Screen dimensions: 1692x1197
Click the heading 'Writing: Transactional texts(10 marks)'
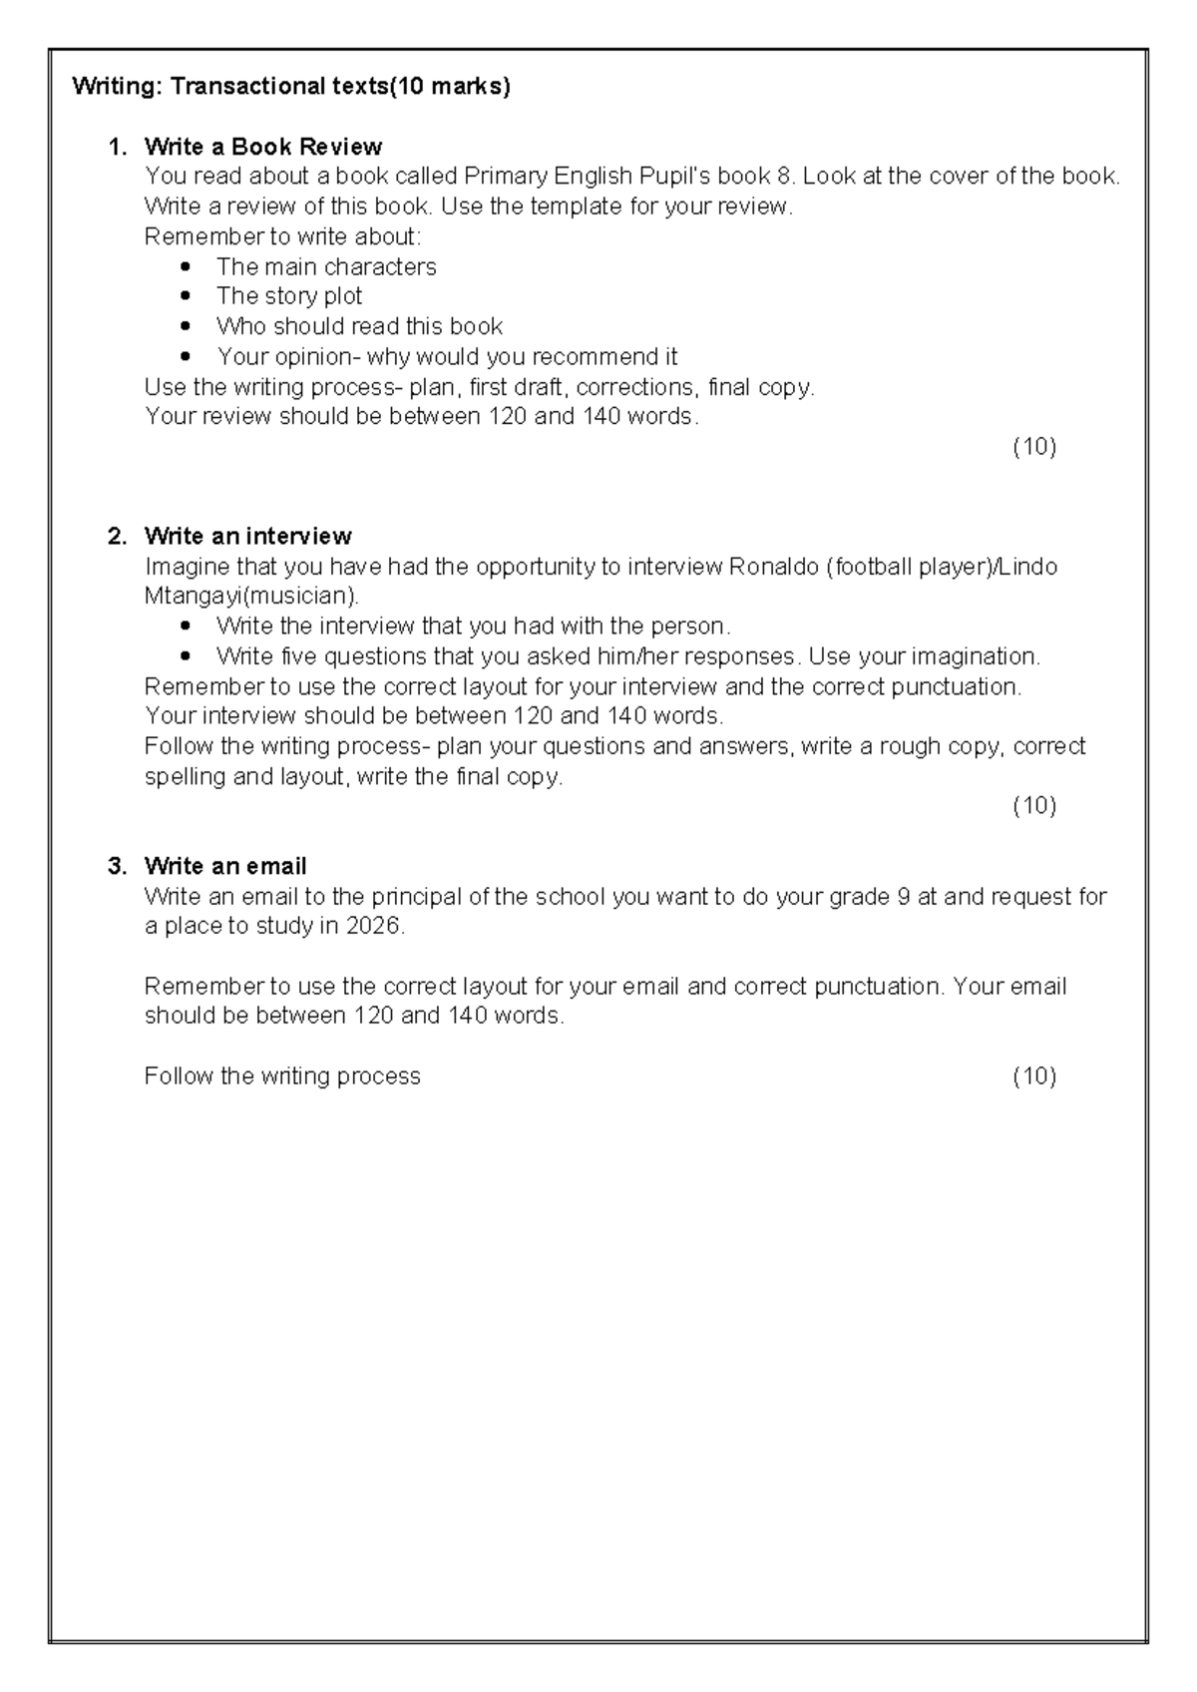tap(291, 87)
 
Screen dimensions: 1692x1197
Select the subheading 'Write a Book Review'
tap(263, 147)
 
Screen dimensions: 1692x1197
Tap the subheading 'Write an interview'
tap(247, 537)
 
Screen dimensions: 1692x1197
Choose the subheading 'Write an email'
tap(225, 866)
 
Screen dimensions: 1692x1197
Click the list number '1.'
tap(118, 147)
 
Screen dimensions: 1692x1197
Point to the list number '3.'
tap(118, 866)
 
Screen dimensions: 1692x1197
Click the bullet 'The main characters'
tap(326, 266)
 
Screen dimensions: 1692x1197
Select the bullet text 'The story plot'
tap(289, 296)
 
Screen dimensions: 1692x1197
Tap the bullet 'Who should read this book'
tap(359, 326)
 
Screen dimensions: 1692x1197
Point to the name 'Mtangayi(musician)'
tap(249, 597)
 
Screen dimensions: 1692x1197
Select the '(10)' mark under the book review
tap(1034, 447)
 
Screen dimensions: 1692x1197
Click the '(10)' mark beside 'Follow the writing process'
tap(1034, 1075)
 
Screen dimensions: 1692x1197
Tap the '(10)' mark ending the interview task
tap(1034, 806)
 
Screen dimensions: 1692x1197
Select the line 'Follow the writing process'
tap(282, 1075)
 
